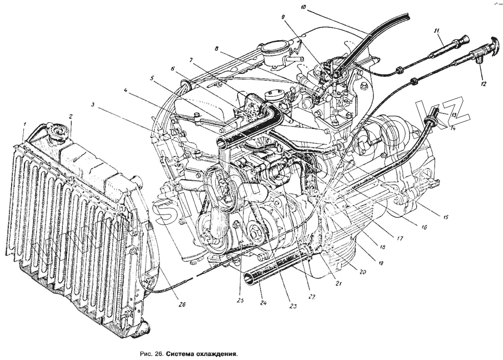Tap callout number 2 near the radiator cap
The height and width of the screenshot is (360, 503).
click(71, 117)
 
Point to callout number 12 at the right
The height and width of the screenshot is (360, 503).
click(483, 84)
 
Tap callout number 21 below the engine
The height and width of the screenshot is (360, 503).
click(339, 283)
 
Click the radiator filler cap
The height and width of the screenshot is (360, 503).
click(57, 132)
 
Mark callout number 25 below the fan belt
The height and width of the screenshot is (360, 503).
click(240, 301)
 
